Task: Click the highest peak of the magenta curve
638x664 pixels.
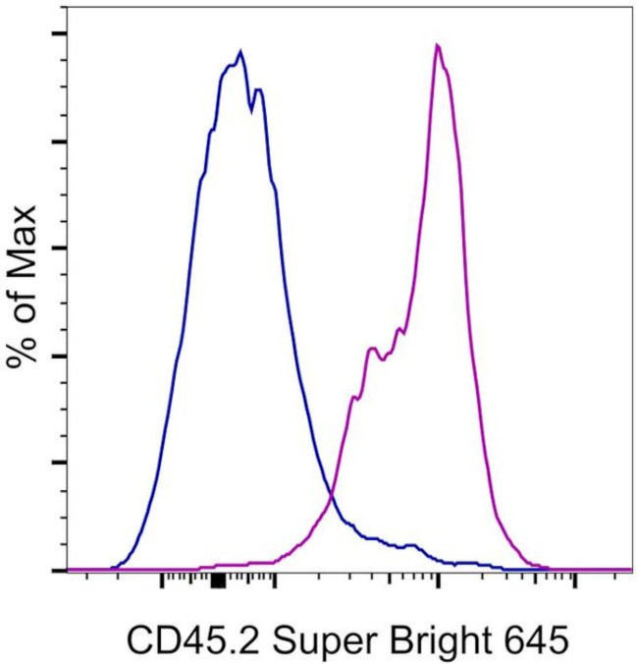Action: (438, 45)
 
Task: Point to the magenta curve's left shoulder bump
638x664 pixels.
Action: (372, 349)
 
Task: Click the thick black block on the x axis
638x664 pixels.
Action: (219, 582)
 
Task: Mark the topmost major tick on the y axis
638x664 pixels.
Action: (59, 34)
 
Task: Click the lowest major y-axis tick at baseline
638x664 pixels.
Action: (59, 570)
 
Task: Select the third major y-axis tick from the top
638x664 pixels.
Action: (59, 249)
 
